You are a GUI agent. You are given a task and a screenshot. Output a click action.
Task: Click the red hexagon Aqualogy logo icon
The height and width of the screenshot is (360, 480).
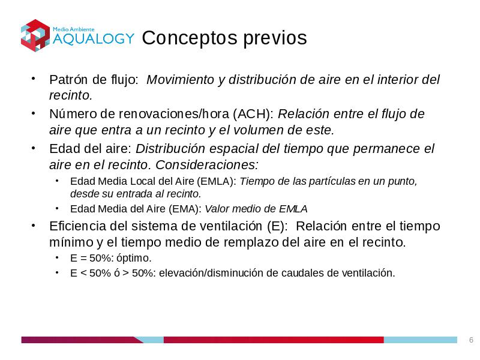coord(35,35)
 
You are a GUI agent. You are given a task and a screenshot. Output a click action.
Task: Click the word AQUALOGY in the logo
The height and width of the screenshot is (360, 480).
coord(94,38)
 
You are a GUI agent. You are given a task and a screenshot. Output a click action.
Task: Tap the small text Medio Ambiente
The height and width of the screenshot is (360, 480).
coord(73,29)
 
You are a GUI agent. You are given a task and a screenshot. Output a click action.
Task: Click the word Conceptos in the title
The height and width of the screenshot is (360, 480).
coord(190,38)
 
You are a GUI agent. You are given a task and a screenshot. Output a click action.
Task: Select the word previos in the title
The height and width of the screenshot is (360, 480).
coord(275,38)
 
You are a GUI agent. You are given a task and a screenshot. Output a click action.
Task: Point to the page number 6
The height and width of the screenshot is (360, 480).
coord(471,340)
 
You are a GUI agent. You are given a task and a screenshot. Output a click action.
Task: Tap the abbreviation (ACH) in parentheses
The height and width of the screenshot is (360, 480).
coord(253,114)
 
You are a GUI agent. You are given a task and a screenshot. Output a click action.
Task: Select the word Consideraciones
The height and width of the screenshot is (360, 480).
coord(207,164)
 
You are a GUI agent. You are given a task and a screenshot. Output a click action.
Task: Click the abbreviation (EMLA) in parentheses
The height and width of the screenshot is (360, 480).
coord(217,181)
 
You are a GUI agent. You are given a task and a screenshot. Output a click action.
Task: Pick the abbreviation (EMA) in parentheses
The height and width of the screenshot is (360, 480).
coord(185,209)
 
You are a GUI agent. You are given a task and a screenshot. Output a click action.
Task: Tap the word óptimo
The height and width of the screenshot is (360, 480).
coord(134,259)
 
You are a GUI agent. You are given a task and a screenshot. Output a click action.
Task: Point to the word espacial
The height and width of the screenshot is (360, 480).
coord(234,149)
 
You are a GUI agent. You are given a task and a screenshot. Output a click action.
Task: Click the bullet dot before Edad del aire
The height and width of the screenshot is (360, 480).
coord(34,148)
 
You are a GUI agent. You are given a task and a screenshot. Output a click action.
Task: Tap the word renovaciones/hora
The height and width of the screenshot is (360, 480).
coord(174,114)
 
